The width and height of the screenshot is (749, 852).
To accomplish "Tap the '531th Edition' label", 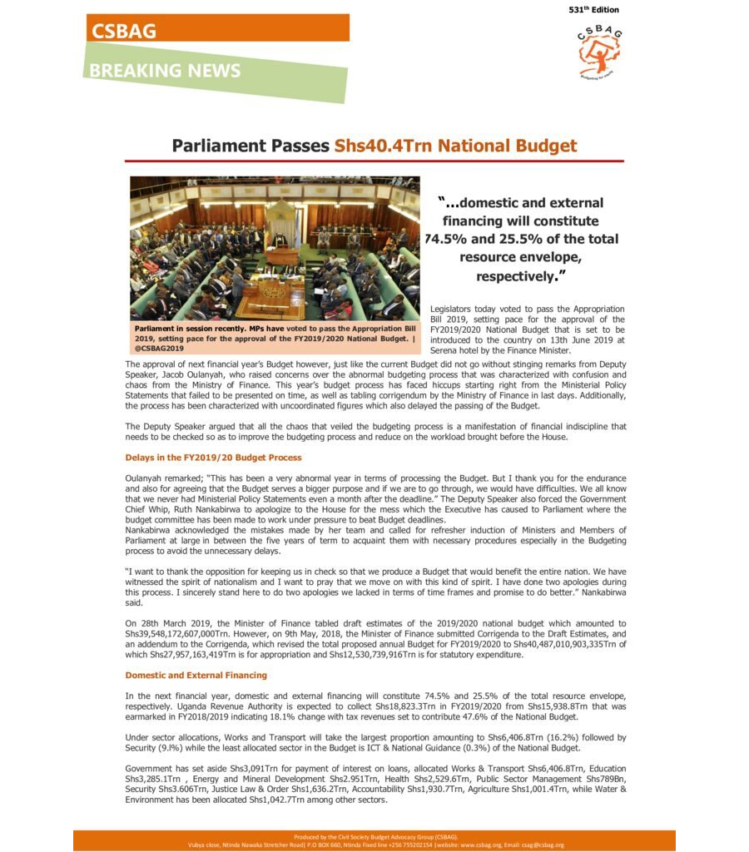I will [x=593, y=10].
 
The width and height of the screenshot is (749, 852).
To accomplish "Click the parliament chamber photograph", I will [x=275, y=247].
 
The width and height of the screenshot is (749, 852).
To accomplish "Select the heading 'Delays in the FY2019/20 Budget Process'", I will [x=213, y=458].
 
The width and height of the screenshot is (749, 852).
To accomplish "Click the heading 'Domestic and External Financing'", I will [x=196, y=675].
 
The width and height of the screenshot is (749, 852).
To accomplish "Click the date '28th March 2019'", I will [x=178, y=623].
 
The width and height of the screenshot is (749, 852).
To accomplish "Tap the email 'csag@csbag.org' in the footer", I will [x=538, y=845].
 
